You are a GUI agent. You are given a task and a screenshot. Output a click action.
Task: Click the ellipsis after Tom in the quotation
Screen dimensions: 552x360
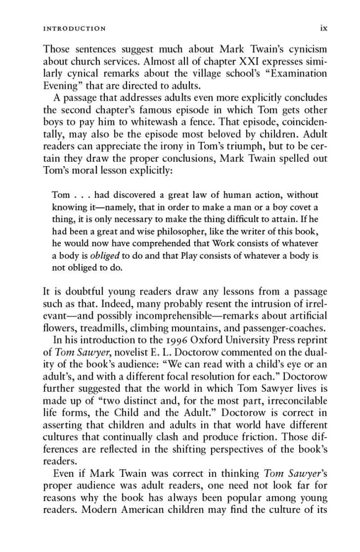pyautogui.click(x=82, y=195)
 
